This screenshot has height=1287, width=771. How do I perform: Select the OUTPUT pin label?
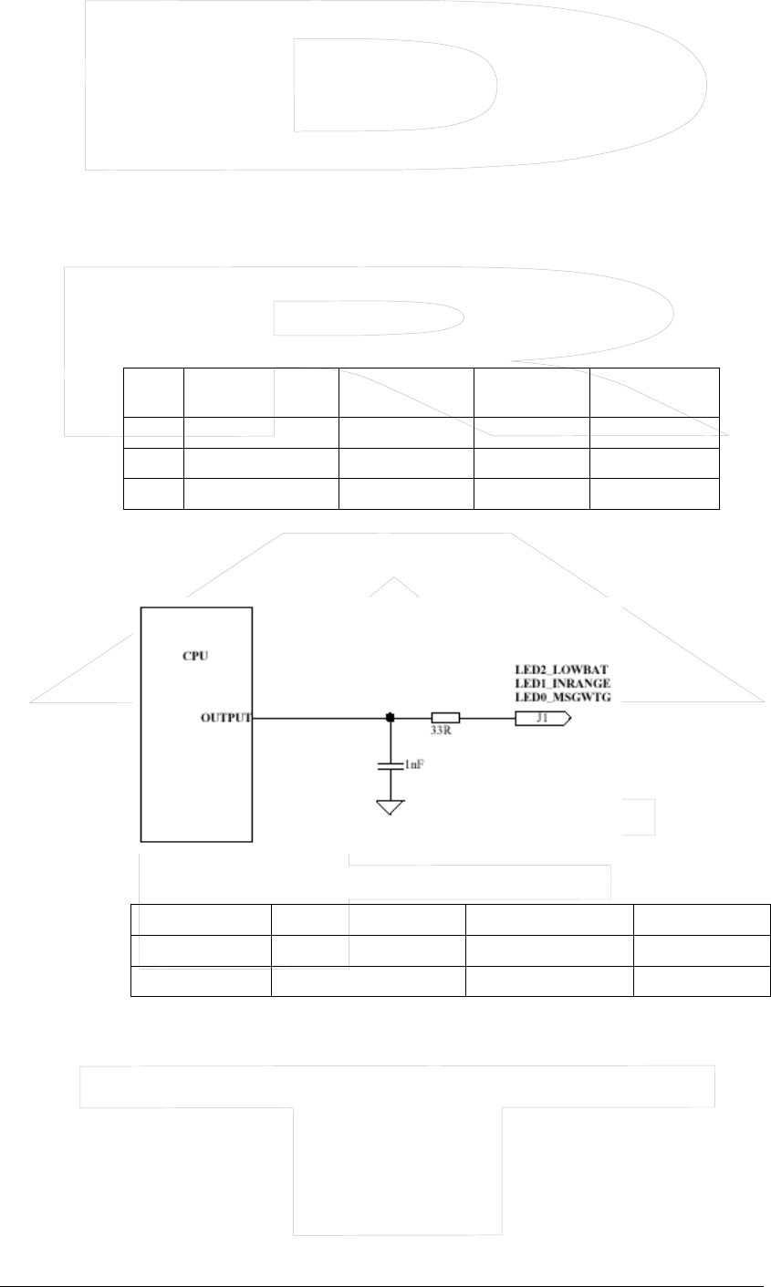pyautogui.click(x=225, y=718)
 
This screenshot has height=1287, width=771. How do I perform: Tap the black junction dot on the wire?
pyautogui.click(x=391, y=718)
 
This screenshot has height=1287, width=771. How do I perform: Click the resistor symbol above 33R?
pyautogui.click(x=445, y=718)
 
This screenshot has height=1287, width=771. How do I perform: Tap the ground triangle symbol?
pyautogui.click(x=391, y=807)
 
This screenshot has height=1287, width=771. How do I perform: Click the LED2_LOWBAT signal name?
pyautogui.click(x=560, y=669)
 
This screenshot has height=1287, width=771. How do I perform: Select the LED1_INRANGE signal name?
pyautogui.click(x=563, y=683)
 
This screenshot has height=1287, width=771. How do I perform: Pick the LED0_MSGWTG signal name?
pyautogui.click(x=563, y=697)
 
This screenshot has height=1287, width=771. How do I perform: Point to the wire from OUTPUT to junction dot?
pyautogui.click(x=319, y=718)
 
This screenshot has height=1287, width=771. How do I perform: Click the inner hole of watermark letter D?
pyautogui.click(x=392, y=87)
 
